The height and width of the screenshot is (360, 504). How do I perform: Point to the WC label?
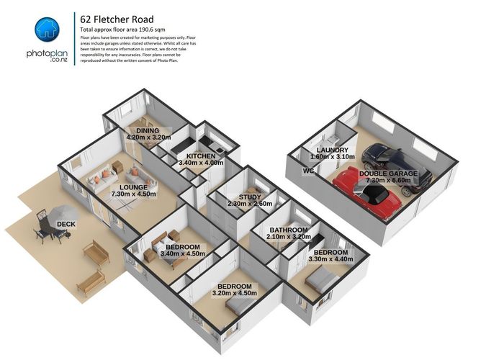pos(309,171)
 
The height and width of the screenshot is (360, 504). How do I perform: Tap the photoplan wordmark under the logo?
pos(48,55)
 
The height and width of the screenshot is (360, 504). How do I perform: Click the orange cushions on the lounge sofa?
pos(106,173)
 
